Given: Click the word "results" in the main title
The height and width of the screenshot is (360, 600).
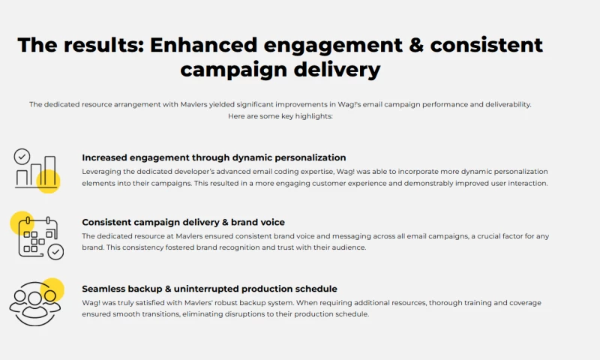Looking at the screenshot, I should click(101, 44).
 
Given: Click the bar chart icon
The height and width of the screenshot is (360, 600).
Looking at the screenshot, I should click(36, 170).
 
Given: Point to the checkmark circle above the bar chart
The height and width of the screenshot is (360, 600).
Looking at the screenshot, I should click(22, 156).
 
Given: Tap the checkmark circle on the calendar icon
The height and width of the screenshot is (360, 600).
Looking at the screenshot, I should click(55, 252).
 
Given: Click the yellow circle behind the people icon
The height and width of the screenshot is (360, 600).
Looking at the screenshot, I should click(52, 289).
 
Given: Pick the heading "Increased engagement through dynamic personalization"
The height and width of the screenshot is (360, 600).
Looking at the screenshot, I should click(214, 157).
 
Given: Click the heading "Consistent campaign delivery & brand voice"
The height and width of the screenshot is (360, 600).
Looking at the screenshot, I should click(183, 222).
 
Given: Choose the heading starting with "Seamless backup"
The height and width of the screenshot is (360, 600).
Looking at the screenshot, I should click(209, 289).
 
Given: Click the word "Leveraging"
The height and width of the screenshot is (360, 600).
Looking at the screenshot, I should click(103, 172).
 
